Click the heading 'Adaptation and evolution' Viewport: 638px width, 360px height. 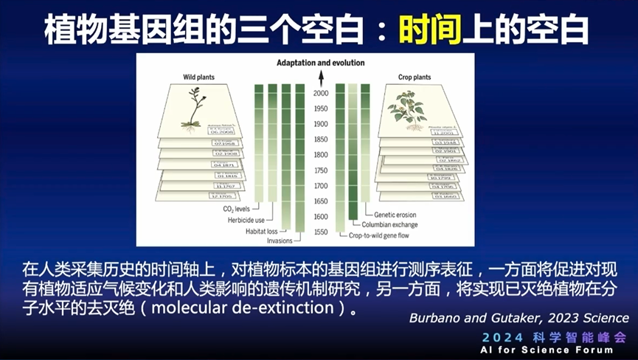319,63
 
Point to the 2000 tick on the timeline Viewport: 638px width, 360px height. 320,94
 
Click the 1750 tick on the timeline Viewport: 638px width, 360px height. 320,170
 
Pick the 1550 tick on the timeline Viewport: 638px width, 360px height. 320,232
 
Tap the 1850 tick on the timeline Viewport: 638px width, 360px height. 320,139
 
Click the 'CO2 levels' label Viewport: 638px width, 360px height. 238,210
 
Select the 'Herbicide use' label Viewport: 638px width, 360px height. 246,220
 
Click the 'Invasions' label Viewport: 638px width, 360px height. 279,240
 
